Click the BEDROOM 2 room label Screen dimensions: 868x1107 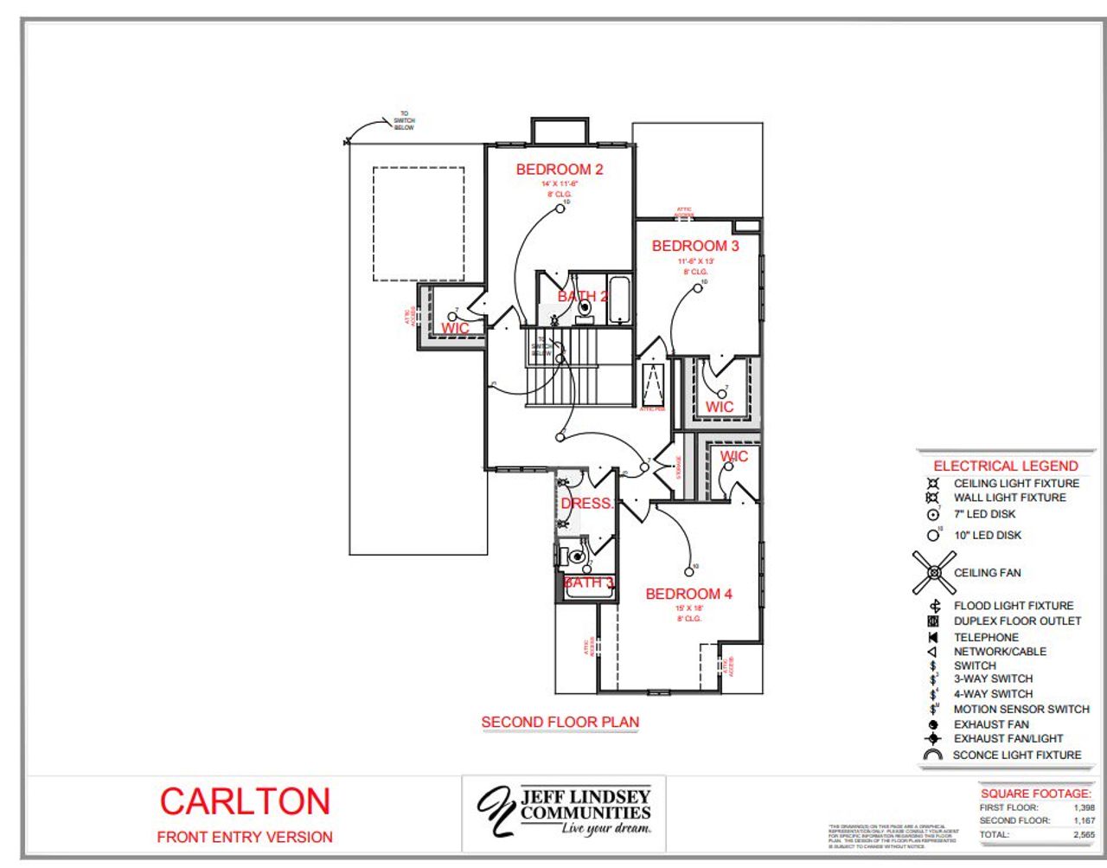pos(560,170)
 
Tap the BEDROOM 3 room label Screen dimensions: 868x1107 pos(695,246)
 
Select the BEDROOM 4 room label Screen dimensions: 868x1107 pos(688,594)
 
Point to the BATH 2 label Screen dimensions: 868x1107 pos(582,296)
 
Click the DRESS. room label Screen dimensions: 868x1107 pos(586,503)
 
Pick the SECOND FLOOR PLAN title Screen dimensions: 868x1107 pos(560,722)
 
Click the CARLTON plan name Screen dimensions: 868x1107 pos(245,801)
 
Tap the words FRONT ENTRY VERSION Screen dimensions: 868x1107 pos(245,837)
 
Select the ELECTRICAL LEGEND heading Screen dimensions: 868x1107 pos(1005,466)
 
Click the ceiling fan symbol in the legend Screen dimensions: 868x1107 pos(934,572)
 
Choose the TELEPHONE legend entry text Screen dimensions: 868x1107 pos(986,637)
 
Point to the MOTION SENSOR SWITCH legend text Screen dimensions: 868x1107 pos(1021,709)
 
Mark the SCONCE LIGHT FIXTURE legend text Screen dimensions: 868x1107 pos(1016,755)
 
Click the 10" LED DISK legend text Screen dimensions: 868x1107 pos(987,535)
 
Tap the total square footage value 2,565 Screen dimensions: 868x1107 pos(1083,835)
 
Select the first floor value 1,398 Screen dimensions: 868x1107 pos(1083,807)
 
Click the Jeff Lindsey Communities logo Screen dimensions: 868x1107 pos(564,811)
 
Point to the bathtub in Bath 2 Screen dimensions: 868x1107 pos(618,299)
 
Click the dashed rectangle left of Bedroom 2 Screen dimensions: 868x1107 pos(419,223)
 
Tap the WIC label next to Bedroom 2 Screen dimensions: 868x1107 pos(455,328)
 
